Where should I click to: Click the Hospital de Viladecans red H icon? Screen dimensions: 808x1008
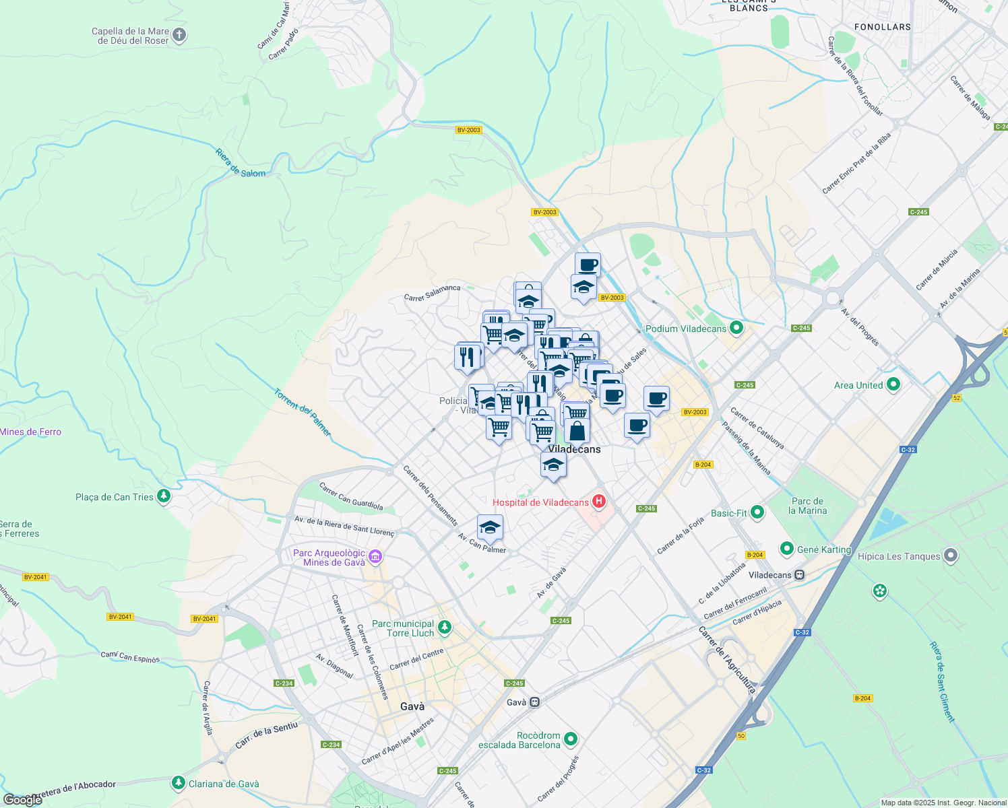coord(598,502)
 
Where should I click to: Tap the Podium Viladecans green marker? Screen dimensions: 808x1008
coord(736,328)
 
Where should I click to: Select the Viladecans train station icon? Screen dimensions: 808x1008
coord(799,575)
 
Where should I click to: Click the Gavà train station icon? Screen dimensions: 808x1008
coord(534,702)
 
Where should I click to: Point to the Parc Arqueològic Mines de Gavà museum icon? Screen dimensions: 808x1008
coord(375,556)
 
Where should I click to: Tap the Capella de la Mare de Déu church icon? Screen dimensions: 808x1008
coord(179,35)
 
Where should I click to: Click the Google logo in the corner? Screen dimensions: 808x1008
coord(22,800)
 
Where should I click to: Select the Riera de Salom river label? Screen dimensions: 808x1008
coord(240,164)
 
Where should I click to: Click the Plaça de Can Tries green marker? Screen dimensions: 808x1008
coord(163,496)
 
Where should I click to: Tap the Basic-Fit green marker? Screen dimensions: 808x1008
coord(757,512)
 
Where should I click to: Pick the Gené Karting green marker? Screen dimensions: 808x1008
coord(786,549)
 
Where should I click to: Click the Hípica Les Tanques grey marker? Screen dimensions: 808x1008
coord(951,555)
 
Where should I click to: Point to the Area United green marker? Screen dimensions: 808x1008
coord(893,384)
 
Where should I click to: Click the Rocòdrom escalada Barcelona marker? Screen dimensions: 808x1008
coord(571,739)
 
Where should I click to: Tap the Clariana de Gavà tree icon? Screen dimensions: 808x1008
coord(178,783)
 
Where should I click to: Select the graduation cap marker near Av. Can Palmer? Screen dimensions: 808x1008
coord(490,527)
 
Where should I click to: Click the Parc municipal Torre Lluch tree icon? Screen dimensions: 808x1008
coord(444,628)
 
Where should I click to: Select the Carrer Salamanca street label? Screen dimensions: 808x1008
coord(432,293)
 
